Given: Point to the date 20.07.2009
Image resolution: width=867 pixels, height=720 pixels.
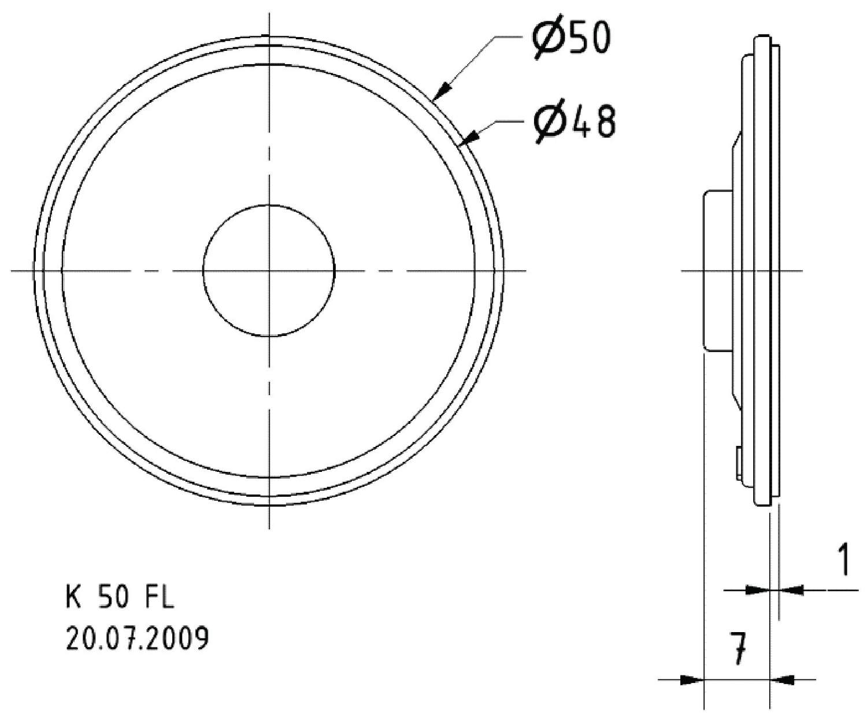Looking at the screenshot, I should point(138,639).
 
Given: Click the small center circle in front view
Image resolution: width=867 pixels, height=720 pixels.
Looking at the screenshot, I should point(269,270).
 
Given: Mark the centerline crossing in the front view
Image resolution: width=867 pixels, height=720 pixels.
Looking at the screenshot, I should point(269,270).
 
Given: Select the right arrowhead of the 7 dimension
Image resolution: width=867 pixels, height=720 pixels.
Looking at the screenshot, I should point(781,680).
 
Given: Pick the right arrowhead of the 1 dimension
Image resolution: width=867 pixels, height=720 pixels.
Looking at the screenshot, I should point(791,590).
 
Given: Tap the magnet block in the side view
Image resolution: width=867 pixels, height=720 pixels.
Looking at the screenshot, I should point(717,270).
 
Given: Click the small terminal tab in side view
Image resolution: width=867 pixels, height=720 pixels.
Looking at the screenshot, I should point(739,462).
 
